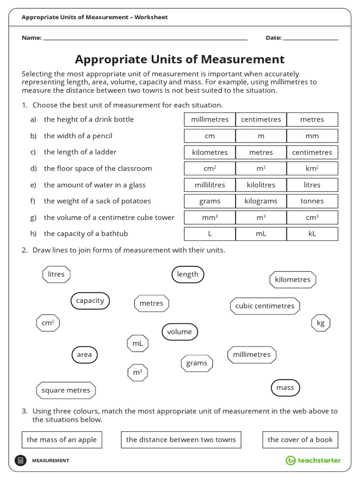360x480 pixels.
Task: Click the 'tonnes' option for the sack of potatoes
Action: (x=312, y=201)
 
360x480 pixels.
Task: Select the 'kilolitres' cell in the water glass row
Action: (x=261, y=185)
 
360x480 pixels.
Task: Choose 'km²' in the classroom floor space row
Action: (x=312, y=168)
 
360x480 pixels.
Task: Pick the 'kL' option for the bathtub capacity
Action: (x=312, y=233)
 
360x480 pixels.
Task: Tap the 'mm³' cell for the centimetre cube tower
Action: (x=210, y=217)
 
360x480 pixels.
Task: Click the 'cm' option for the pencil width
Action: (x=210, y=136)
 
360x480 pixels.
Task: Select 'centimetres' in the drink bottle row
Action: (x=261, y=120)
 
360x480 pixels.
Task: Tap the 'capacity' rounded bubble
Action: (x=90, y=301)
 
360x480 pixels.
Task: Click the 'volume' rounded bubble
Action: (x=180, y=332)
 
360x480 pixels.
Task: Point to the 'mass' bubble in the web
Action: (x=285, y=388)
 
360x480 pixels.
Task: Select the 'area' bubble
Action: (x=84, y=355)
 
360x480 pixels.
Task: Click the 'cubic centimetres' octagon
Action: (x=265, y=306)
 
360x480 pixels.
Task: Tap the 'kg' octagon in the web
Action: (x=321, y=323)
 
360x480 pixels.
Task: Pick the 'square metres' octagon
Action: (x=66, y=390)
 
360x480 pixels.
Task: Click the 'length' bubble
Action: (x=187, y=275)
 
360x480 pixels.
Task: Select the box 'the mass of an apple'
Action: (x=61, y=440)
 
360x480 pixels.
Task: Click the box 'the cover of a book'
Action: (x=300, y=440)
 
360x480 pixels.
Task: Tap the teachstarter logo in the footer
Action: (x=313, y=460)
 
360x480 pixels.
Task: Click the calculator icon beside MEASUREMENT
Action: (x=21, y=460)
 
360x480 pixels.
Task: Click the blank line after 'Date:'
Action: (x=311, y=38)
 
